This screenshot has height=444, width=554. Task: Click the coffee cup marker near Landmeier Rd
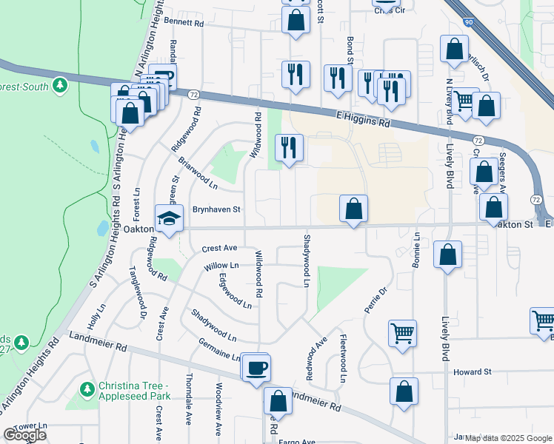pyautogui.click(x=256, y=368)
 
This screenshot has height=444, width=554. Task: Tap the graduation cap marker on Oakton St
pyautogui.click(x=169, y=220)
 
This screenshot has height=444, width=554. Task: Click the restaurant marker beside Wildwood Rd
pyautogui.click(x=290, y=148)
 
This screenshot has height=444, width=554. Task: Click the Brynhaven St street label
pyautogui.click(x=216, y=209)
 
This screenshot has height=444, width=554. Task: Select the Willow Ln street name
pyautogui.click(x=221, y=265)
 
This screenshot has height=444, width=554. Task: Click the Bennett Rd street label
pyautogui.click(x=183, y=23)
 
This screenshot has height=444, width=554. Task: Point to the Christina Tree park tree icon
pyautogui.click(x=87, y=388)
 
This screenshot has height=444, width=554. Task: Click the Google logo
pyautogui.click(x=24, y=435)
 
